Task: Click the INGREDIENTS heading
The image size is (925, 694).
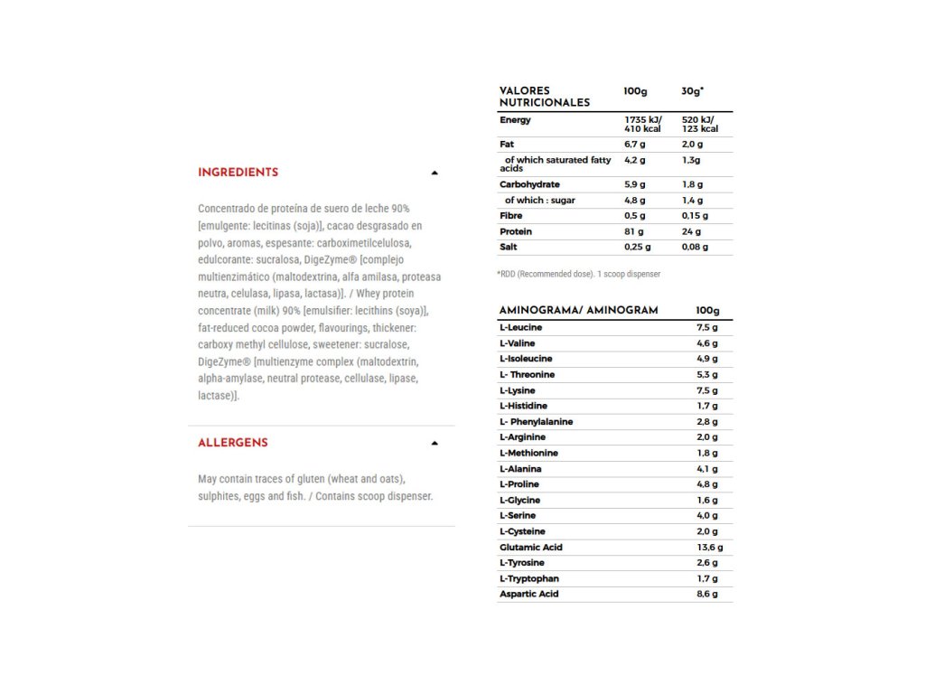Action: [238, 173]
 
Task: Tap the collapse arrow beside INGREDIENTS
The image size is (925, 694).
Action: [434, 173]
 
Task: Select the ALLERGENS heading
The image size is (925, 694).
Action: [232, 443]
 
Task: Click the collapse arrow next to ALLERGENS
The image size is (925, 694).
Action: [434, 443]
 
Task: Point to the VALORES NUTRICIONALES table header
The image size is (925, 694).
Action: [544, 97]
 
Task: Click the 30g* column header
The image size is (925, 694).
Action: [692, 91]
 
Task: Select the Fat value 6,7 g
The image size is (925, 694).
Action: [635, 145]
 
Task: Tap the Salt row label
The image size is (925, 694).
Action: [509, 247]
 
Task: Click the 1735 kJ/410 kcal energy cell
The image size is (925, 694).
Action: [642, 125]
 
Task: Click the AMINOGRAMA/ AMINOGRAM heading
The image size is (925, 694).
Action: [578, 311]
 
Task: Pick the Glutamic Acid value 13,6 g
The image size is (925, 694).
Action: [709, 548]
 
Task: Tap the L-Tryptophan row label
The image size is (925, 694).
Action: [528, 578]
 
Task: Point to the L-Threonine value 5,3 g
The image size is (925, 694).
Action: [707, 375]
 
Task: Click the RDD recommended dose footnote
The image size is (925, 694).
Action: [578, 274]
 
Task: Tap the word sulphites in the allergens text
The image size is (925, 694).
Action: [220, 496]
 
